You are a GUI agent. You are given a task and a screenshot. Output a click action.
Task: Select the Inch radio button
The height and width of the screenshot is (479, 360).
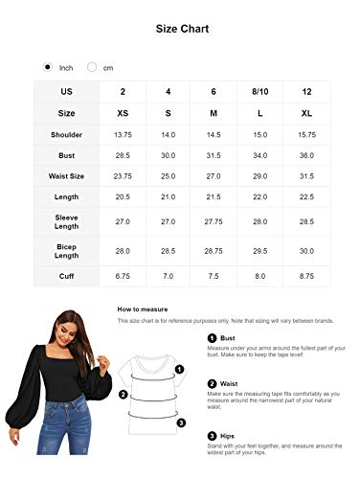coord(49,68)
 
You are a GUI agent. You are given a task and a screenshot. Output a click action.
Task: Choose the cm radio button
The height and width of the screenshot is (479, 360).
coord(93,68)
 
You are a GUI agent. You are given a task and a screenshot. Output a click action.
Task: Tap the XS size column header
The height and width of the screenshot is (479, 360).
coord(122,112)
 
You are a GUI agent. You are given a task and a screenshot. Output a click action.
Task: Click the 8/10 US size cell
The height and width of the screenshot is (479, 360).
coord(259,92)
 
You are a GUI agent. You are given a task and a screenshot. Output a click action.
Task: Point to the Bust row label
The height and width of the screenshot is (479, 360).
coord(66,155)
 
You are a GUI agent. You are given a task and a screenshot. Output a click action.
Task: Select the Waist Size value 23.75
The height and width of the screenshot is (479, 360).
coord(122,176)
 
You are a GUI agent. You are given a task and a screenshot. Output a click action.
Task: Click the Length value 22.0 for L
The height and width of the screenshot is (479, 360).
coord(259,197)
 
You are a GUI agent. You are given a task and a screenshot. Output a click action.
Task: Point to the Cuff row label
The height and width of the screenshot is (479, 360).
coord(66,277)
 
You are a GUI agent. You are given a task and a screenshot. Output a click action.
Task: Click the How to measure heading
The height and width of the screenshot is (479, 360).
coord(145,309)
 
